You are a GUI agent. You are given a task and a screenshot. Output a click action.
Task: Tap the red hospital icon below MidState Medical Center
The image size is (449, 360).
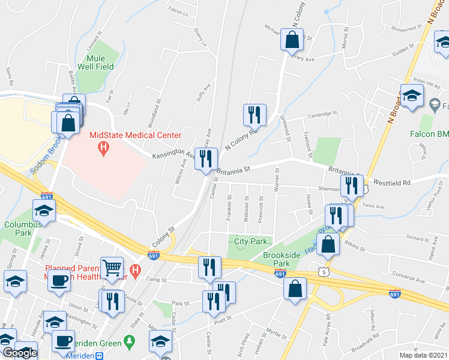(103, 147)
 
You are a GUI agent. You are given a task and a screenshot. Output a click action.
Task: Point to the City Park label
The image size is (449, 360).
(250, 241)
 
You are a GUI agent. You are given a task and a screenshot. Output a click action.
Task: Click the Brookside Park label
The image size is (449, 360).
(282, 259)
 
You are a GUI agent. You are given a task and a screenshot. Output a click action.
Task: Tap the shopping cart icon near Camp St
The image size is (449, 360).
(111, 268)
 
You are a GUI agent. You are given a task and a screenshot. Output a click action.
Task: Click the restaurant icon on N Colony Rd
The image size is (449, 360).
(255, 115)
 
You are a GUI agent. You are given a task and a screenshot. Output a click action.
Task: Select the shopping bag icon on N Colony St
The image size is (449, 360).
(292, 40)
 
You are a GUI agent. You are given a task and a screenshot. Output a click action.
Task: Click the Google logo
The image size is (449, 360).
(20, 353)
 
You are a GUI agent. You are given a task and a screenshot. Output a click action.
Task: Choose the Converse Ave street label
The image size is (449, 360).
(408, 280)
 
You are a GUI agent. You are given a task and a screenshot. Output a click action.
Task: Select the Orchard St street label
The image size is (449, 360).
(419, 238)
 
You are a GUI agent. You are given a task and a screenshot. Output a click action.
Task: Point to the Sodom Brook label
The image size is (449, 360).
(38, 160)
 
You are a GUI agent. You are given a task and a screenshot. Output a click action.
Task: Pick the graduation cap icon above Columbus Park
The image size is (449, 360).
(44, 210)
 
